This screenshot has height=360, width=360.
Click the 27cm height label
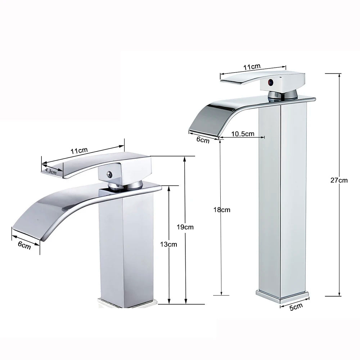coord(339,180)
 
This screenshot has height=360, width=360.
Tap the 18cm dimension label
coord(222,210)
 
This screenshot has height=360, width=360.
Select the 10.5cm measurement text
coord(242,134)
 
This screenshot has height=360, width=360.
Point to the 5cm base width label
coord(296,307)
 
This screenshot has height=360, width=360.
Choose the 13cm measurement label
coord(168,244)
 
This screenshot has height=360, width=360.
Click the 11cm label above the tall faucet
coord(252,67)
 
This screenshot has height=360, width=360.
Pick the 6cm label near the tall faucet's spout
coord(203,140)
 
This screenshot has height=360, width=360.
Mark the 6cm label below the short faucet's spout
coord(24,245)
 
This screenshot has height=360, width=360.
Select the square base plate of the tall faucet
coord(283,294)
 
